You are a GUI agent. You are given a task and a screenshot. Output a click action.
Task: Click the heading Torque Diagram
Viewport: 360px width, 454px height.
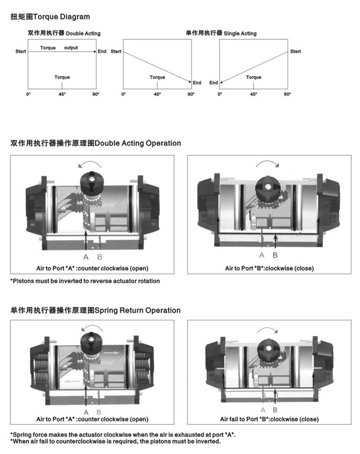coord(50,17)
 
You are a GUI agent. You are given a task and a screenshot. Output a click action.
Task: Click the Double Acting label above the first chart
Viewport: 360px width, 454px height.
coord(64,34)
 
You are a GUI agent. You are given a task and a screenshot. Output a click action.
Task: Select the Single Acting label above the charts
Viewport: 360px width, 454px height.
coord(221,34)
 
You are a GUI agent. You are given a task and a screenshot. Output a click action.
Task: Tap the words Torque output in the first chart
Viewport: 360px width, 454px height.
coord(59,48)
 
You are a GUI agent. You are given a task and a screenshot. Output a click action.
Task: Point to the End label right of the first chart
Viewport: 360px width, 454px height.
coord(102,51)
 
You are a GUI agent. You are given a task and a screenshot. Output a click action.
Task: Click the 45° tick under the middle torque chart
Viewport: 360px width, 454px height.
coord(157,95)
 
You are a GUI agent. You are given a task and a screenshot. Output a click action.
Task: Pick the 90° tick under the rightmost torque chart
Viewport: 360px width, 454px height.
coord(287,95)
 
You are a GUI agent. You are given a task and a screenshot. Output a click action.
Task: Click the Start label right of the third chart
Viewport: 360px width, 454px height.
coord(296,51)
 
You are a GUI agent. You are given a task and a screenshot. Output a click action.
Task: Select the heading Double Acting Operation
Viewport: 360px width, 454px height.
coord(96,143)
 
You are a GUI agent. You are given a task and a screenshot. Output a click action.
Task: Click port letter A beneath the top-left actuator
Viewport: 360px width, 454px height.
coord(86,256)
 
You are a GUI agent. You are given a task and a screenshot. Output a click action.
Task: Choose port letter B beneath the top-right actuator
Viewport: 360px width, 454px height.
coord(275,255)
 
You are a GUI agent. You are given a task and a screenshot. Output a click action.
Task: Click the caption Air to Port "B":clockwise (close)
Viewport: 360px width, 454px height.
coord(269,268)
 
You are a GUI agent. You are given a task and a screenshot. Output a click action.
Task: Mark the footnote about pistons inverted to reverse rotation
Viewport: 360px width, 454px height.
coord(85,281)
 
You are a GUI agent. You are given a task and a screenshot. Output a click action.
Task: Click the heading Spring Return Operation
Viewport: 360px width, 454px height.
coord(96,311)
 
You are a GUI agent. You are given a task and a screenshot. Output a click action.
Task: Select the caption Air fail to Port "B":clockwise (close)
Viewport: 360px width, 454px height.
coord(269,419)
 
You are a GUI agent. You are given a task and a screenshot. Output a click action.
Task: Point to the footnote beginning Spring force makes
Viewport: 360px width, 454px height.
coord(123,435)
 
